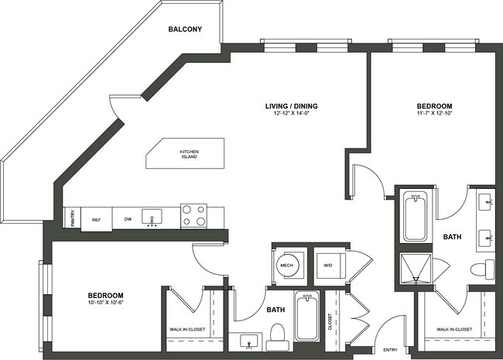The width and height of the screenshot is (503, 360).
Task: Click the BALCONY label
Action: pyautogui.click(x=185, y=30)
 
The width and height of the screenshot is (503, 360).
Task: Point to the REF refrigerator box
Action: pyautogui.click(x=96, y=220)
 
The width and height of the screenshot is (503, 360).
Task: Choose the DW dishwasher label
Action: pyautogui.click(x=128, y=220)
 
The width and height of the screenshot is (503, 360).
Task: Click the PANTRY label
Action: pyautogui.click(x=69, y=218)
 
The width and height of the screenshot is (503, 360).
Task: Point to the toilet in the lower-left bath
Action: pyautogui.click(x=277, y=334)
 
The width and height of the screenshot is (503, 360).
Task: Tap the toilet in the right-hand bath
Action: pyautogui.click(x=483, y=270)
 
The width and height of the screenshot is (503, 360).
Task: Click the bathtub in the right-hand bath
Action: pyautogui.click(x=415, y=218)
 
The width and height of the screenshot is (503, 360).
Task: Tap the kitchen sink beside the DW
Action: pyautogui.click(x=152, y=216)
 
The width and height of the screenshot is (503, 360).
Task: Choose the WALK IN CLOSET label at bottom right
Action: pyautogui.click(x=454, y=329)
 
